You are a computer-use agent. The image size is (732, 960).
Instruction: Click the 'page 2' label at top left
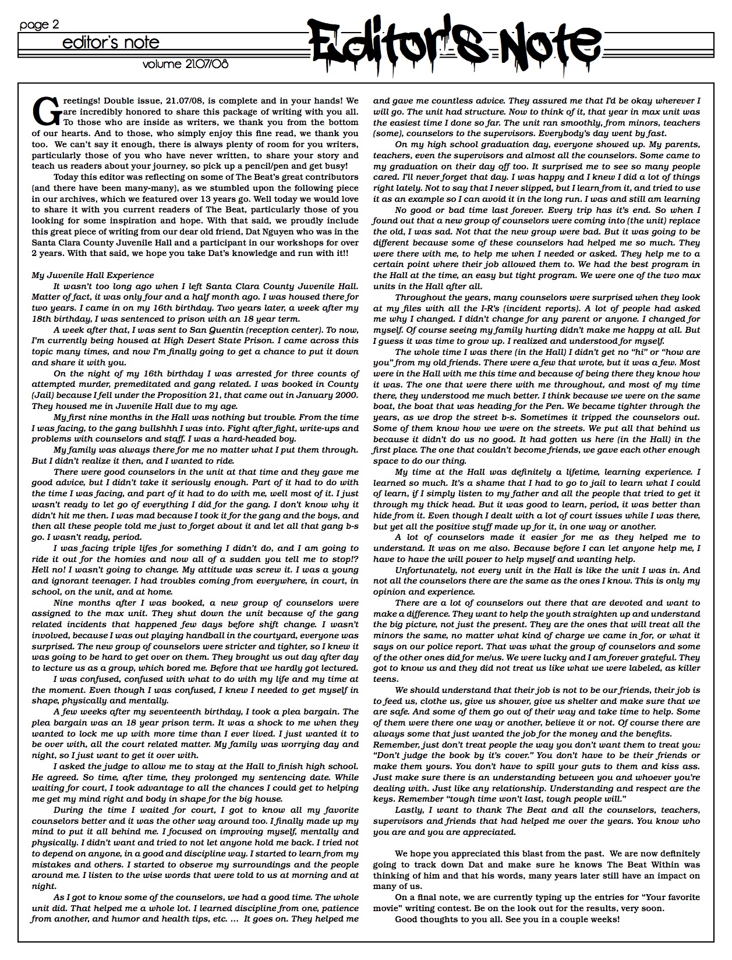[39, 25]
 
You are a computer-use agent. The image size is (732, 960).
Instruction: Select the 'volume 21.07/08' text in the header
[185, 64]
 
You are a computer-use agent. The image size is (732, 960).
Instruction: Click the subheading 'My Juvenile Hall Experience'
[93, 275]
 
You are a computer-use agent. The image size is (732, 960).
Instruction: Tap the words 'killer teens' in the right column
[687, 669]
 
